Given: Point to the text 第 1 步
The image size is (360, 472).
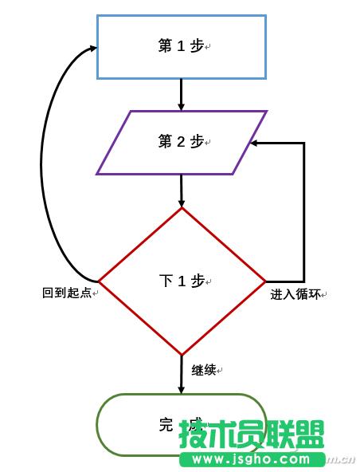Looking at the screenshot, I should (x=182, y=46).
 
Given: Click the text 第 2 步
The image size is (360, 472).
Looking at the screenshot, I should (x=182, y=142).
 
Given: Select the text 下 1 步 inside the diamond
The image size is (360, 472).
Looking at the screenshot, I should (x=182, y=281).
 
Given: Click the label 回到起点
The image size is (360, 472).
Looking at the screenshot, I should (x=68, y=293).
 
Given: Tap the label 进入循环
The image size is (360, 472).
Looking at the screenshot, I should (x=295, y=294).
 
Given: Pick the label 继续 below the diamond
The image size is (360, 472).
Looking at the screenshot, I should (x=204, y=370).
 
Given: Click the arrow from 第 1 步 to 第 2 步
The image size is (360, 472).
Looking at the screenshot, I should (x=182, y=94).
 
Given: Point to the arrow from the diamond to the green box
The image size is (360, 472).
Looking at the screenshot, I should (x=182, y=375).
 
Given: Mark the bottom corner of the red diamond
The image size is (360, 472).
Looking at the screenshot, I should (x=182, y=355).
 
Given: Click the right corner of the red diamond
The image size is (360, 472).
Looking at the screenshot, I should (x=264, y=281).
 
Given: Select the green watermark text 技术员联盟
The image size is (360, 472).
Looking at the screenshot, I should (x=251, y=435).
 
